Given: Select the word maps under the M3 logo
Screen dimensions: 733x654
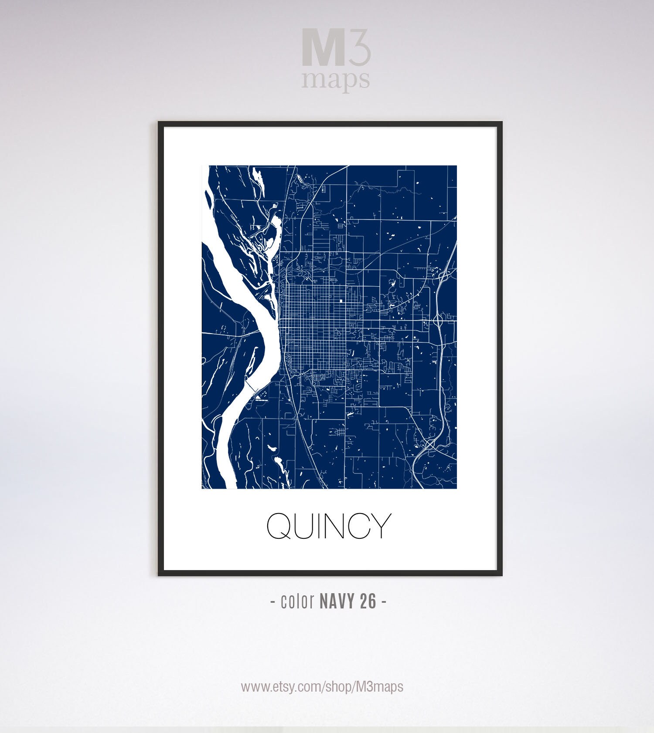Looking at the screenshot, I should tap(335, 80).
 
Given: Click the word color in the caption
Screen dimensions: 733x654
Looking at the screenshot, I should tap(298, 601).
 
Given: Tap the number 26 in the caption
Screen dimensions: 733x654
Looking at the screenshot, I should tap(368, 601).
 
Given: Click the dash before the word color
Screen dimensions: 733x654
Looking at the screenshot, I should tap(273, 602).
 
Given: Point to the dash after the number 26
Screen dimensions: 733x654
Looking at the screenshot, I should tap(384, 602).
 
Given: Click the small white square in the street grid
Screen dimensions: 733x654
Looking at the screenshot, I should tap(341, 301).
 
